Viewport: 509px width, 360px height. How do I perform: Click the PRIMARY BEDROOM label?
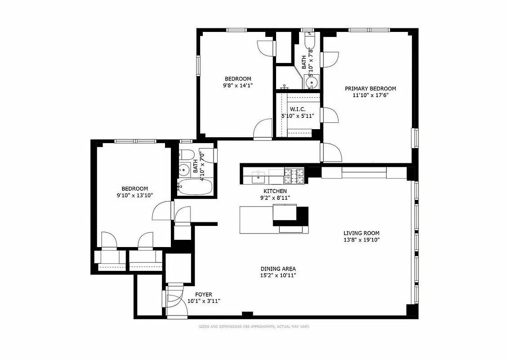click(x=370, y=89)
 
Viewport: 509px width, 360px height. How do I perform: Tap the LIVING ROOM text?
click(x=361, y=233)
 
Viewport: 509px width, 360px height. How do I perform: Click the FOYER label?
click(x=203, y=295)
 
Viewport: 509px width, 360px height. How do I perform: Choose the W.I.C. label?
click(x=298, y=109)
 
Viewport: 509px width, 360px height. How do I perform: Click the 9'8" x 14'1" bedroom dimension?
click(x=238, y=85)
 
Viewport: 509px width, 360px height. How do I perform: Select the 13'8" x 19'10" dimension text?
click(x=362, y=240)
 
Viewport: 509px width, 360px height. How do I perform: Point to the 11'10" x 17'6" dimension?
click(x=370, y=95)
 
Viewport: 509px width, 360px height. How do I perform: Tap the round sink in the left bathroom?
click(x=183, y=170)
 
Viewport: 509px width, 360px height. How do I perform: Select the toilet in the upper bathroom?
click(x=310, y=42)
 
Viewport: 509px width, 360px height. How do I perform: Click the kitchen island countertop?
click(x=256, y=220)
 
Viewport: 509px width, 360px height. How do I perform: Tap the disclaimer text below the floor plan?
click(x=254, y=327)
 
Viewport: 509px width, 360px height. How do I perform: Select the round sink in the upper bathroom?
click(x=311, y=82)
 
